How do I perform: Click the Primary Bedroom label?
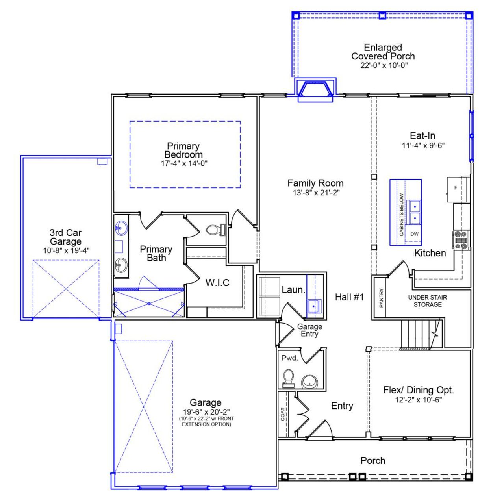183,150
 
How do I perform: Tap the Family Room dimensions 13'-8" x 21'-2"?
315,193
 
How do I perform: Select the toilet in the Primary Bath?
215,230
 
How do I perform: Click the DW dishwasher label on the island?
414,234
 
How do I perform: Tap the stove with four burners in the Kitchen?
460,240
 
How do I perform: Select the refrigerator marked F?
456,188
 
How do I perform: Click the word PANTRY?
381,298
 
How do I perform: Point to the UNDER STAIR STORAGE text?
427,301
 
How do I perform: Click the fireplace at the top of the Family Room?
315,89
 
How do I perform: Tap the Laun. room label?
293,290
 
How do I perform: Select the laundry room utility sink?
314,306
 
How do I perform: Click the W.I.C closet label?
217,282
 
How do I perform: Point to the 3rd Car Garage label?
66,237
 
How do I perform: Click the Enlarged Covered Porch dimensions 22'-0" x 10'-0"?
383,65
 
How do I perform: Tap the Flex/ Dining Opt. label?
419,390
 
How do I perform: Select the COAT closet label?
283,414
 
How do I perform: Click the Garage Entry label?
309,330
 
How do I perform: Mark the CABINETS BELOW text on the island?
401,215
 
